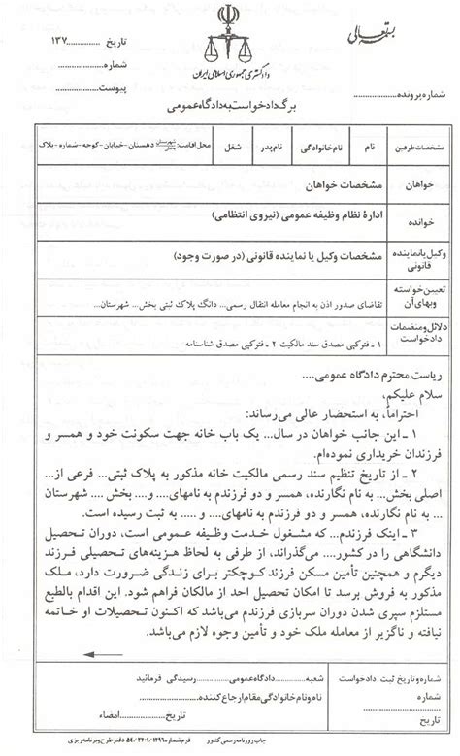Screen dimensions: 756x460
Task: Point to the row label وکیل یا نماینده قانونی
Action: [409, 255]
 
